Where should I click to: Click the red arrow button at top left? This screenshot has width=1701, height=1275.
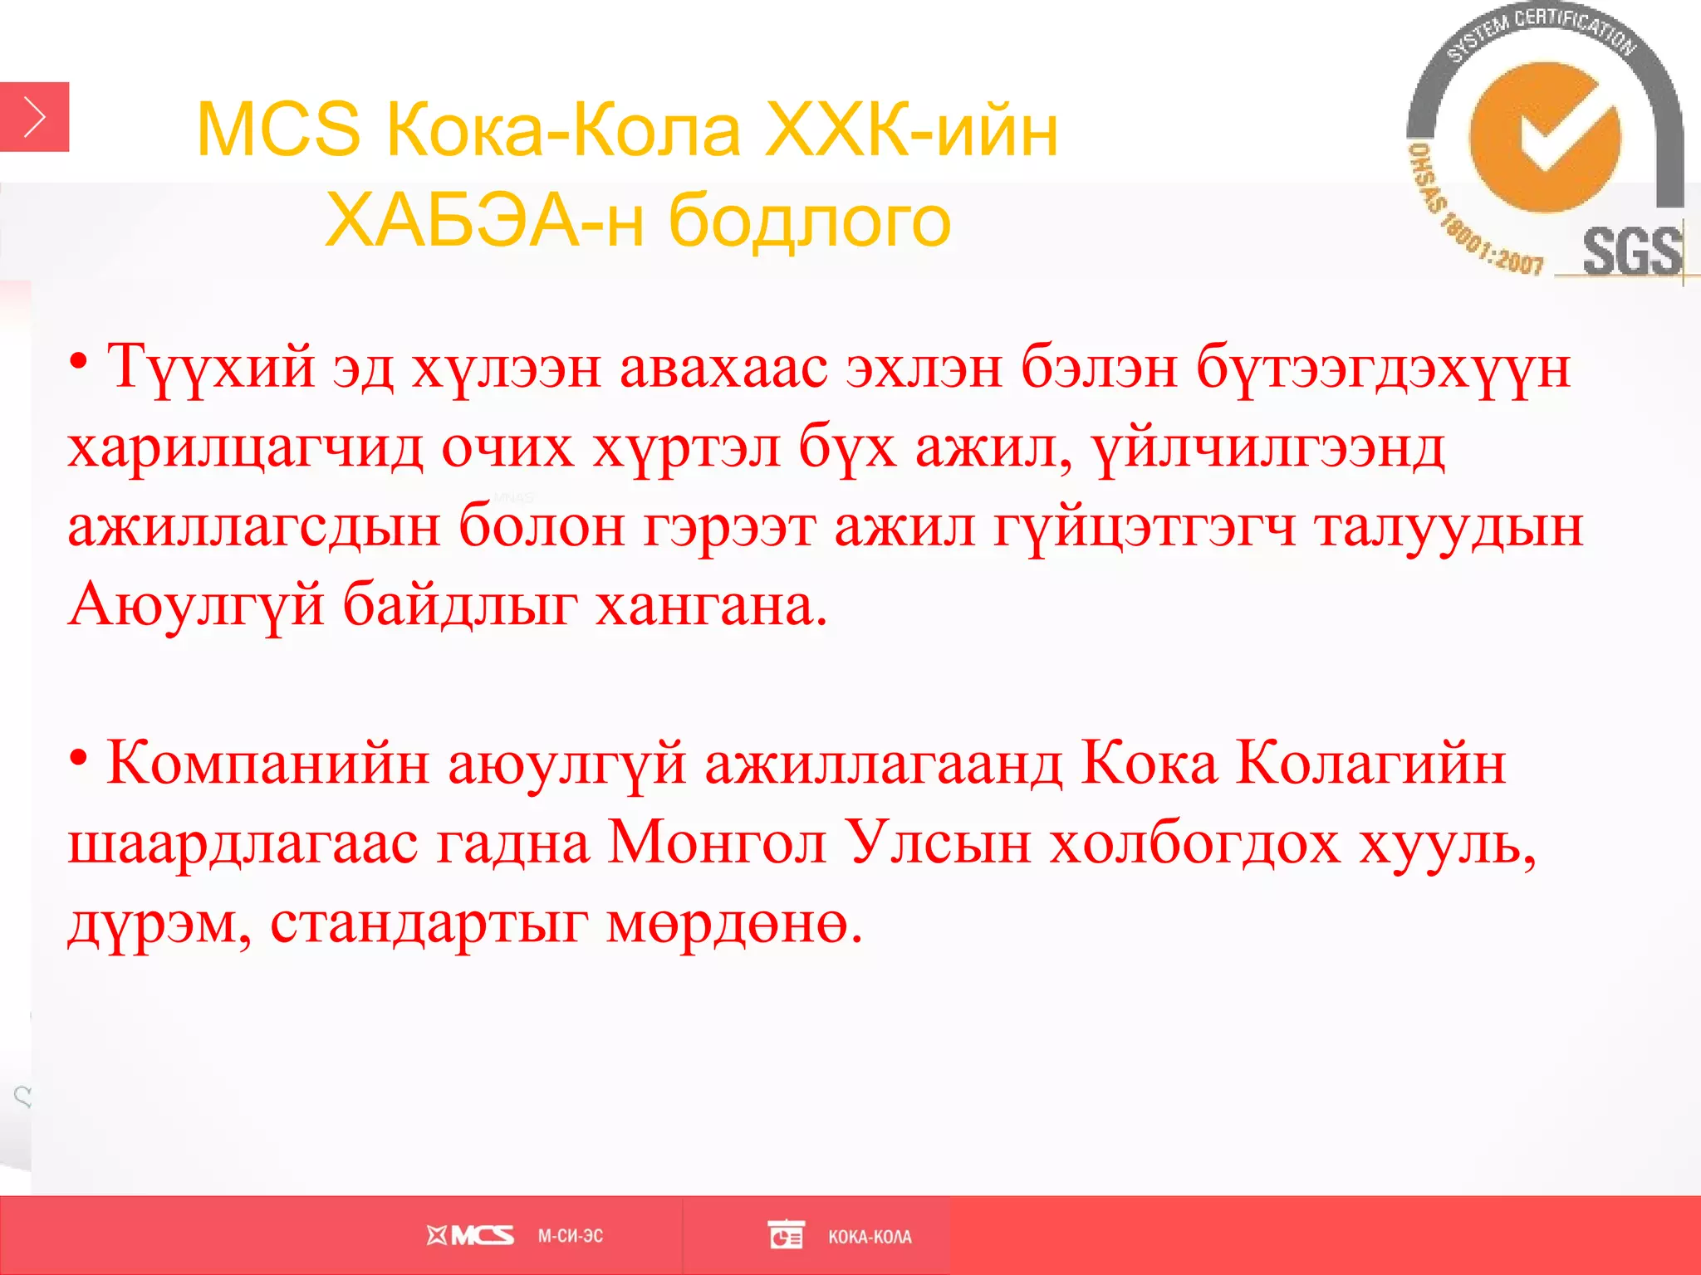click(34, 117)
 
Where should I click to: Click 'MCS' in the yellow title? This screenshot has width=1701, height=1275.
click(278, 131)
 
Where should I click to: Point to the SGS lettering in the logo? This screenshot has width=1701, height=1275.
click(1630, 252)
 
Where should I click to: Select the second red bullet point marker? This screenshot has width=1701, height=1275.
click(79, 757)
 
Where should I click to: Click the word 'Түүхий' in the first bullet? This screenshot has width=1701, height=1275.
click(211, 367)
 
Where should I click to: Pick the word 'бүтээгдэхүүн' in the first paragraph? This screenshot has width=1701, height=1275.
click(1383, 367)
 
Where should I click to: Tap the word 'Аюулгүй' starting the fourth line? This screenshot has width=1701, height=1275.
click(196, 605)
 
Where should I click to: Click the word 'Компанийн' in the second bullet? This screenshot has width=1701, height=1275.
click(267, 763)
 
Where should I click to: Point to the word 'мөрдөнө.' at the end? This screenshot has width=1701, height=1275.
click(735, 922)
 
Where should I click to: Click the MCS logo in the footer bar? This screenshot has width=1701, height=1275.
click(470, 1236)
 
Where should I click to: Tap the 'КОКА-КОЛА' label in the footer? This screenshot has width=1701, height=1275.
click(870, 1237)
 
